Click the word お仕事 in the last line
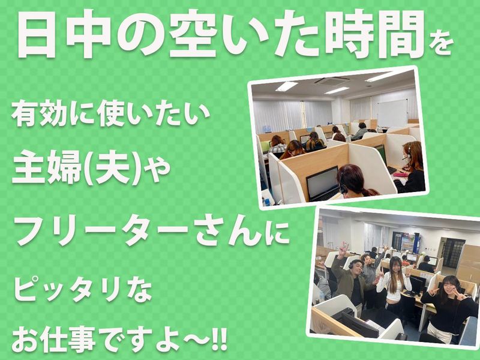pos(60,337)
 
